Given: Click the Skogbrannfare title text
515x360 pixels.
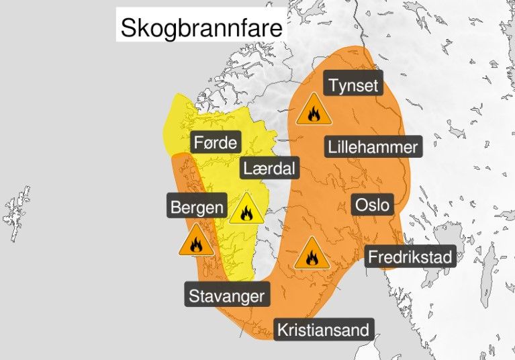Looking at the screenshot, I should tap(201, 28).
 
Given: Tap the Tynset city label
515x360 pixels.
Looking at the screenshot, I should tap(354, 85).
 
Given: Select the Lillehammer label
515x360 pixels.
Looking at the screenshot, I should tap(373, 146).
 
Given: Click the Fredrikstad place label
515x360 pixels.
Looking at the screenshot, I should tap(410, 256).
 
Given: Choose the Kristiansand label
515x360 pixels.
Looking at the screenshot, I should tap(324, 330).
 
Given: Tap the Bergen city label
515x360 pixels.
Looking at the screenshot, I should tap(196, 206).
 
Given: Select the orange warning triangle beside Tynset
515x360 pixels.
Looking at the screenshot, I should tap(314, 110).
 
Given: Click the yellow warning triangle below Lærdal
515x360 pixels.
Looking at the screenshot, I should tap(246, 210).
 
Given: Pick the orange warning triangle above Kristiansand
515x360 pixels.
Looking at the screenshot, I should tap(312, 253).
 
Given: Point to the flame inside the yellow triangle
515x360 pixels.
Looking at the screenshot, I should tap(246, 214).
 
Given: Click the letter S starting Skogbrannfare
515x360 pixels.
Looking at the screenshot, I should tap(128, 28).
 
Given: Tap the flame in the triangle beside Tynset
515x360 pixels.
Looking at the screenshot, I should tap(314, 114).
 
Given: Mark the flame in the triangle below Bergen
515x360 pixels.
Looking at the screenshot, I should tap(196, 246).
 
